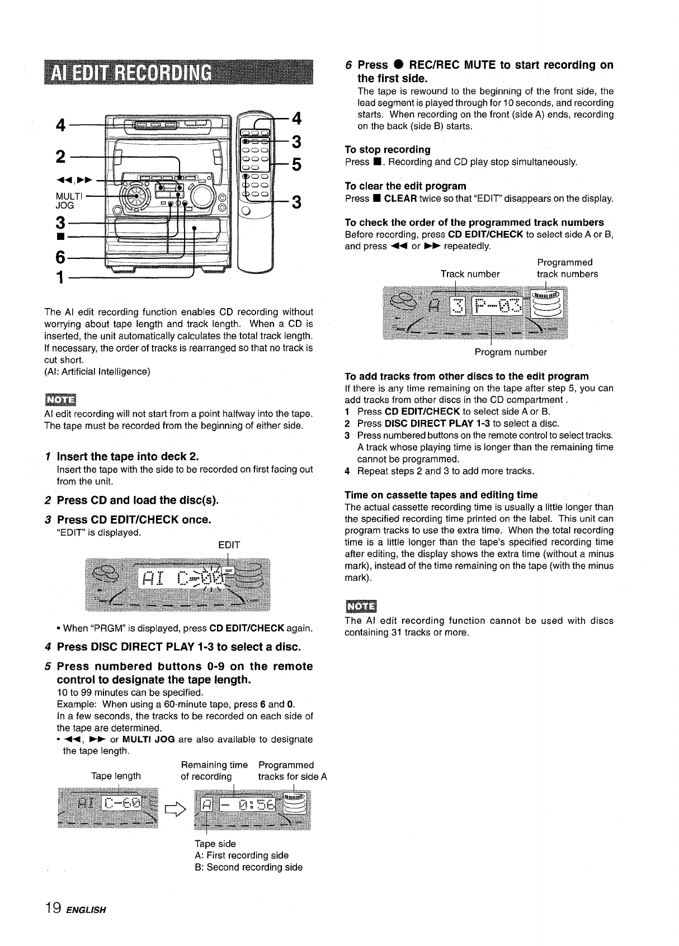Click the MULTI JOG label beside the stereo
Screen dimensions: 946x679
[x=69, y=200]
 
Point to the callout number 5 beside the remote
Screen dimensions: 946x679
[x=296, y=165]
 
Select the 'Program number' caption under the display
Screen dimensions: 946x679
[x=511, y=352]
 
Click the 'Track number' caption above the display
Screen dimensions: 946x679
[x=470, y=274]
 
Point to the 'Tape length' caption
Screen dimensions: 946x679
[x=116, y=776]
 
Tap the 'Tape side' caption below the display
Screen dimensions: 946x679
[x=215, y=844]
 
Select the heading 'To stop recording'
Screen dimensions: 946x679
[x=388, y=149]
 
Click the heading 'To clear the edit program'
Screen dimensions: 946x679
[x=405, y=186]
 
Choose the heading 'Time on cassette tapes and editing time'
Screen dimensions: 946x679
[x=441, y=495]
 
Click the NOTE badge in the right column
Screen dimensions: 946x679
[x=361, y=606]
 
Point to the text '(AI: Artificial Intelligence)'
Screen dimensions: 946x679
[x=97, y=371]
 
